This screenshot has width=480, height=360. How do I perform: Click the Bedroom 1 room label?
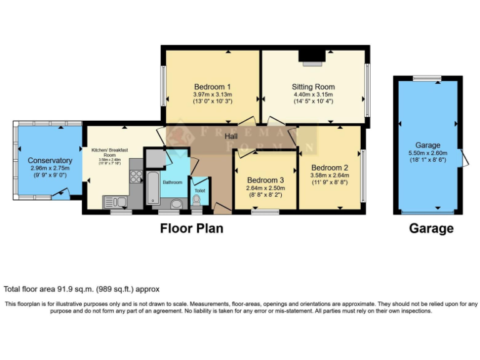click(x=212, y=86)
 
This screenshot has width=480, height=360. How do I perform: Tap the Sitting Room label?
click(x=313, y=86)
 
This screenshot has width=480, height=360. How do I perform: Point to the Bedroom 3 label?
click(x=265, y=179)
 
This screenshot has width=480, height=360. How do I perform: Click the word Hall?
click(x=231, y=136)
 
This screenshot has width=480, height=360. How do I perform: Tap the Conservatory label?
click(x=50, y=161)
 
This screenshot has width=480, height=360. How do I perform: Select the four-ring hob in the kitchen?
click(x=136, y=175)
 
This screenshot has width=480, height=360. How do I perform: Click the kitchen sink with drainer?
click(x=116, y=201)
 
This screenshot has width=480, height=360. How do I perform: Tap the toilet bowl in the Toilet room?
click(x=197, y=199)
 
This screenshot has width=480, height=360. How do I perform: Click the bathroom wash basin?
click(x=176, y=202)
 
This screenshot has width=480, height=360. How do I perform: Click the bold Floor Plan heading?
click(x=191, y=228)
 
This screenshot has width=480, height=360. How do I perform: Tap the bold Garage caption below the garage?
click(x=431, y=229)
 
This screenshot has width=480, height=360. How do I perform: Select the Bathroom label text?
click(x=172, y=182)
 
